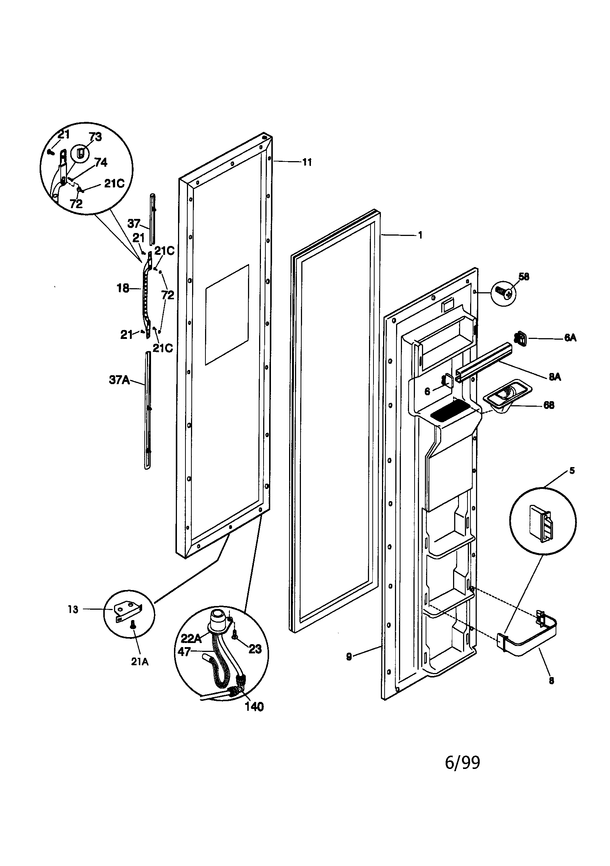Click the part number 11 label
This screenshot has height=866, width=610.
click(x=307, y=163)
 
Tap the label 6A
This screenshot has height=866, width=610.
click(x=570, y=338)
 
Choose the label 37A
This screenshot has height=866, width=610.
click(x=119, y=380)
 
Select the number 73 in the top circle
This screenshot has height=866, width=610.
click(x=95, y=137)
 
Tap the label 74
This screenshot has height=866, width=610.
click(x=101, y=163)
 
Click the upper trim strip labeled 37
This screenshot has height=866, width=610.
click(x=151, y=219)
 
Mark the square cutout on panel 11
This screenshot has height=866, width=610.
click(x=227, y=314)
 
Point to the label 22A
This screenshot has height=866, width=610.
click(x=191, y=638)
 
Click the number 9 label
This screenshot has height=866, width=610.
click(x=349, y=657)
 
